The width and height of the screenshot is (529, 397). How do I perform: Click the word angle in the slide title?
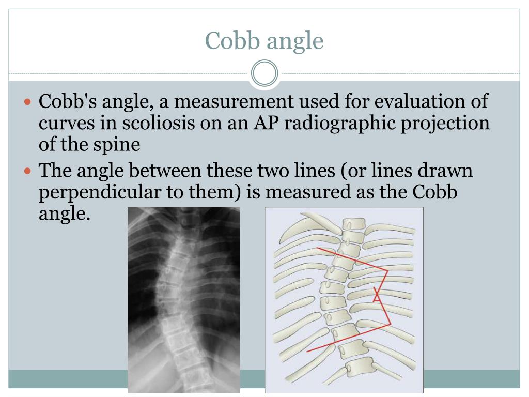(295, 41)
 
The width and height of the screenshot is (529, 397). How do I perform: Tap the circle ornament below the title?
(264, 74)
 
